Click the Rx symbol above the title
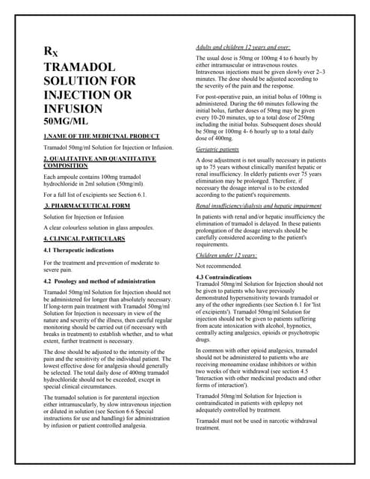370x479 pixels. (x=50, y=52)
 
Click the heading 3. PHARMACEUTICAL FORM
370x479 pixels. (x=87, y=205)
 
